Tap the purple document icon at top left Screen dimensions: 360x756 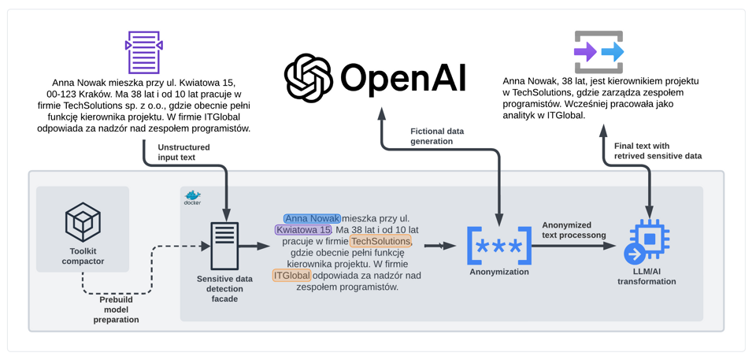pos(143,52)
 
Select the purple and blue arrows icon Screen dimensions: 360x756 pos(598,52)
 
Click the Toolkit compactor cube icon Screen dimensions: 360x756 pos(82,222)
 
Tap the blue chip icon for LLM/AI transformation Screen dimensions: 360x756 pos(646,245)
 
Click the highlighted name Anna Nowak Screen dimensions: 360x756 pos(312,218)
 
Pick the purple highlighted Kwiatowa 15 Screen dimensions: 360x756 pos(300,230)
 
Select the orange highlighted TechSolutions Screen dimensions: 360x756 pos(380,241)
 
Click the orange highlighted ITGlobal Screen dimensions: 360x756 pos(291,276)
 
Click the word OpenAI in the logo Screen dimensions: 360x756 pos(404,77)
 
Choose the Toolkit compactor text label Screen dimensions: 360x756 pos(82,255)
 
